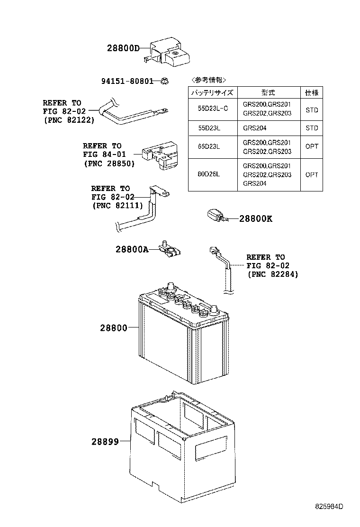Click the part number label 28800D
[123, 48]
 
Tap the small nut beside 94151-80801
[163, 81]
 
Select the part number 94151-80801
[127, 81]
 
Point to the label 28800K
[256, 219]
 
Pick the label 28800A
[132, 249]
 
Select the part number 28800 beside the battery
[114, 327]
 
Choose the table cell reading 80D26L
[209, 174]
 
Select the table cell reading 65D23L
[209, 147]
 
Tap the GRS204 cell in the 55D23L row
[254, 128]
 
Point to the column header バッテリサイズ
[213, 93]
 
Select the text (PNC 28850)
[109, 164]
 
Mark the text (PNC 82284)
[272, 274]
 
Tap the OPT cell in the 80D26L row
[312, 174]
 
